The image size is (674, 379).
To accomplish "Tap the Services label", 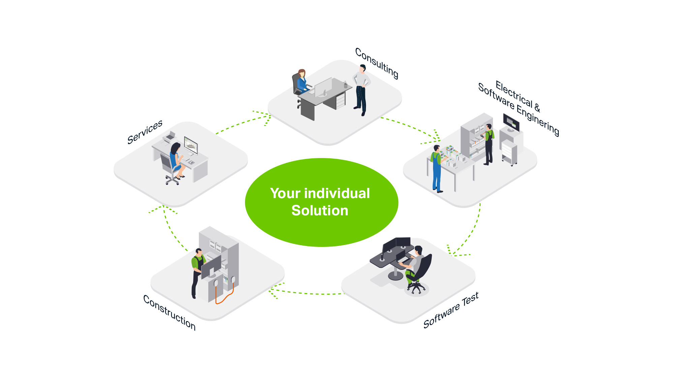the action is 145,132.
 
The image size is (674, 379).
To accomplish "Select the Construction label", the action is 170,312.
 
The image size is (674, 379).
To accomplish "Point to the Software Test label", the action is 451,310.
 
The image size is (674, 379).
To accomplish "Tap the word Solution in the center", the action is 320,211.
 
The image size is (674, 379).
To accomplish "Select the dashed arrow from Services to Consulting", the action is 243,122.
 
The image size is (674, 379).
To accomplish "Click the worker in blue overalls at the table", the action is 437,168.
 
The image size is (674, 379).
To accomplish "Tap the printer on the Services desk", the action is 170,136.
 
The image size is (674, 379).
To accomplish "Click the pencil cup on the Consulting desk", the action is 345,85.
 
